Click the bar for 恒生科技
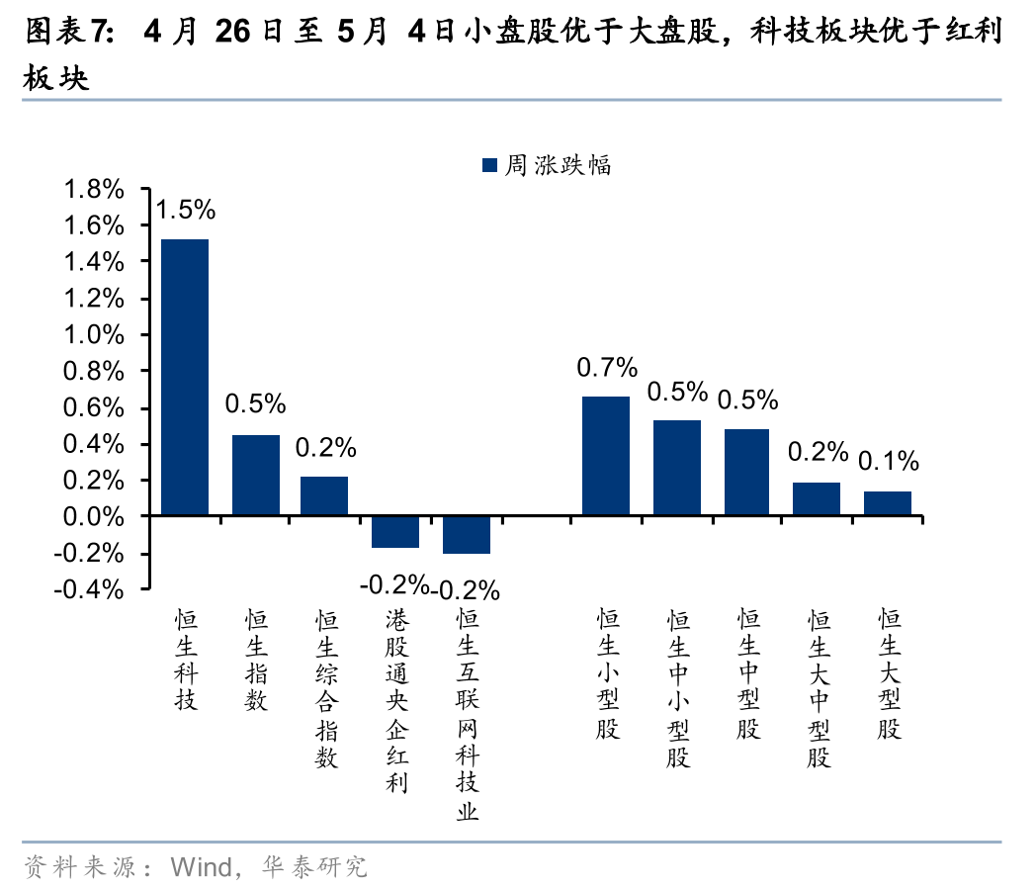coord(185,378)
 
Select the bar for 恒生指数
coord(256,475)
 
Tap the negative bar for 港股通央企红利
coord(395,532)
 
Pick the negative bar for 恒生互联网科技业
coord(467,535)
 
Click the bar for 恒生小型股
coord(606,456)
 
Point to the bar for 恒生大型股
coord(888,503)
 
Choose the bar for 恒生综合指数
coord(324,496)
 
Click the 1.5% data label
coord(186,210)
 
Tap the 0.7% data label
coord(607,367)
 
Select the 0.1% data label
coord(889,461)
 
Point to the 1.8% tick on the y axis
coord(94,190)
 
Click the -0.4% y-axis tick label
coord(89,589)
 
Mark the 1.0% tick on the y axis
coord(94,335)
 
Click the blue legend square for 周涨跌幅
coord(489,165)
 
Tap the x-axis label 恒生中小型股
coord(678,688)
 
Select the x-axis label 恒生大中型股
coord(819,688)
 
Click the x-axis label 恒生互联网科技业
coord(468,714)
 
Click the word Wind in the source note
coord(201,867)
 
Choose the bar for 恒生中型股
coord(746,473)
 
